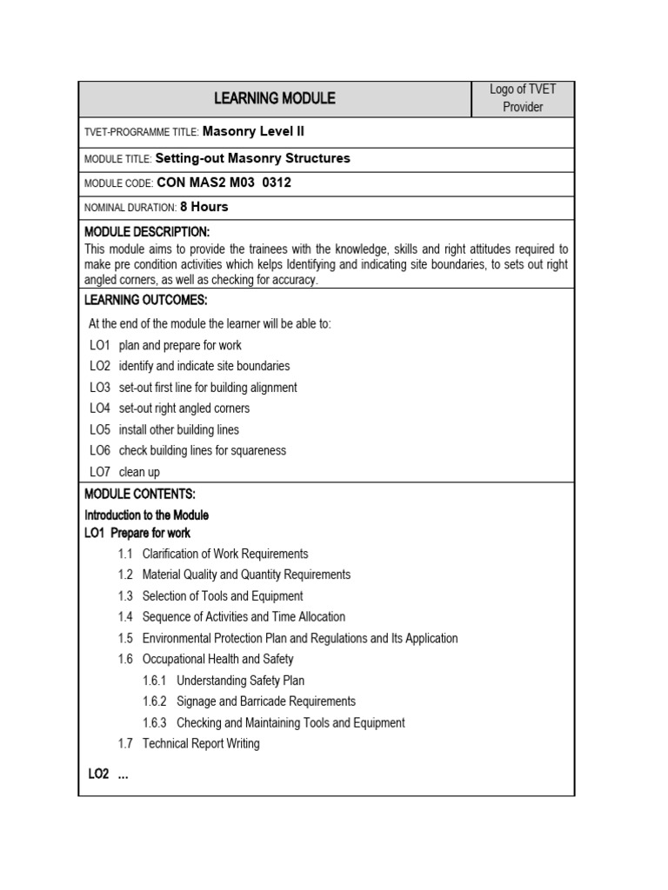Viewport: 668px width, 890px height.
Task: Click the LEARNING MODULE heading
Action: [x=274, y=98]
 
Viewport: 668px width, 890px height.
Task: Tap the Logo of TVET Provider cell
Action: [x=522, y=98]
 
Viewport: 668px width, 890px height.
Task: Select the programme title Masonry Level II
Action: [x=253, y=131]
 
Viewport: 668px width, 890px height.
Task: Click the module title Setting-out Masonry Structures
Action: [x=252, y=158]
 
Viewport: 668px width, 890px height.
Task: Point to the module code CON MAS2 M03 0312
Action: [x=224, y=183]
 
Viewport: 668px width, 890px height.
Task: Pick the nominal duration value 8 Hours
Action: [x=204, y=207]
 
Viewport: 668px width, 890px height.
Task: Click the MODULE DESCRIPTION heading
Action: [x=147, y=232]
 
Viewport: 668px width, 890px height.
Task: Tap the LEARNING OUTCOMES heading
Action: [x=145, y=300]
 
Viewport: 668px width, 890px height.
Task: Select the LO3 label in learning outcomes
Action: [x=100, y=388]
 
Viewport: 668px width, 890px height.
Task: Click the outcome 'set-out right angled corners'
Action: [x=184, y=408]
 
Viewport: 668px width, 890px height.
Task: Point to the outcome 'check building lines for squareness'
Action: [x=202, y=450]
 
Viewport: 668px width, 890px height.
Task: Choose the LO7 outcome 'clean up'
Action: [x=139, y=472]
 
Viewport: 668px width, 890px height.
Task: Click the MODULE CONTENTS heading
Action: [x=140, y=494]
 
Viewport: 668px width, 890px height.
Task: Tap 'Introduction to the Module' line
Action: [x=146, y=515]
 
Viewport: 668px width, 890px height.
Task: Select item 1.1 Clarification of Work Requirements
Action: [x=224, y=554]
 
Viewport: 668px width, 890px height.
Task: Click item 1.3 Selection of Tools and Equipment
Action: [x=222, y=596]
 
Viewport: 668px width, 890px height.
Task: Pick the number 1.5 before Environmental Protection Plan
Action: [x=125, y=638]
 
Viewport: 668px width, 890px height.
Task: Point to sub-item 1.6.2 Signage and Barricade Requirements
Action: [x=265, y=701]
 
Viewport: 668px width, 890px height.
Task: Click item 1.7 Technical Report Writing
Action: [x=200, y=743]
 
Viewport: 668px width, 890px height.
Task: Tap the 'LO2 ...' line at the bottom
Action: [x=108, y=774]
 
